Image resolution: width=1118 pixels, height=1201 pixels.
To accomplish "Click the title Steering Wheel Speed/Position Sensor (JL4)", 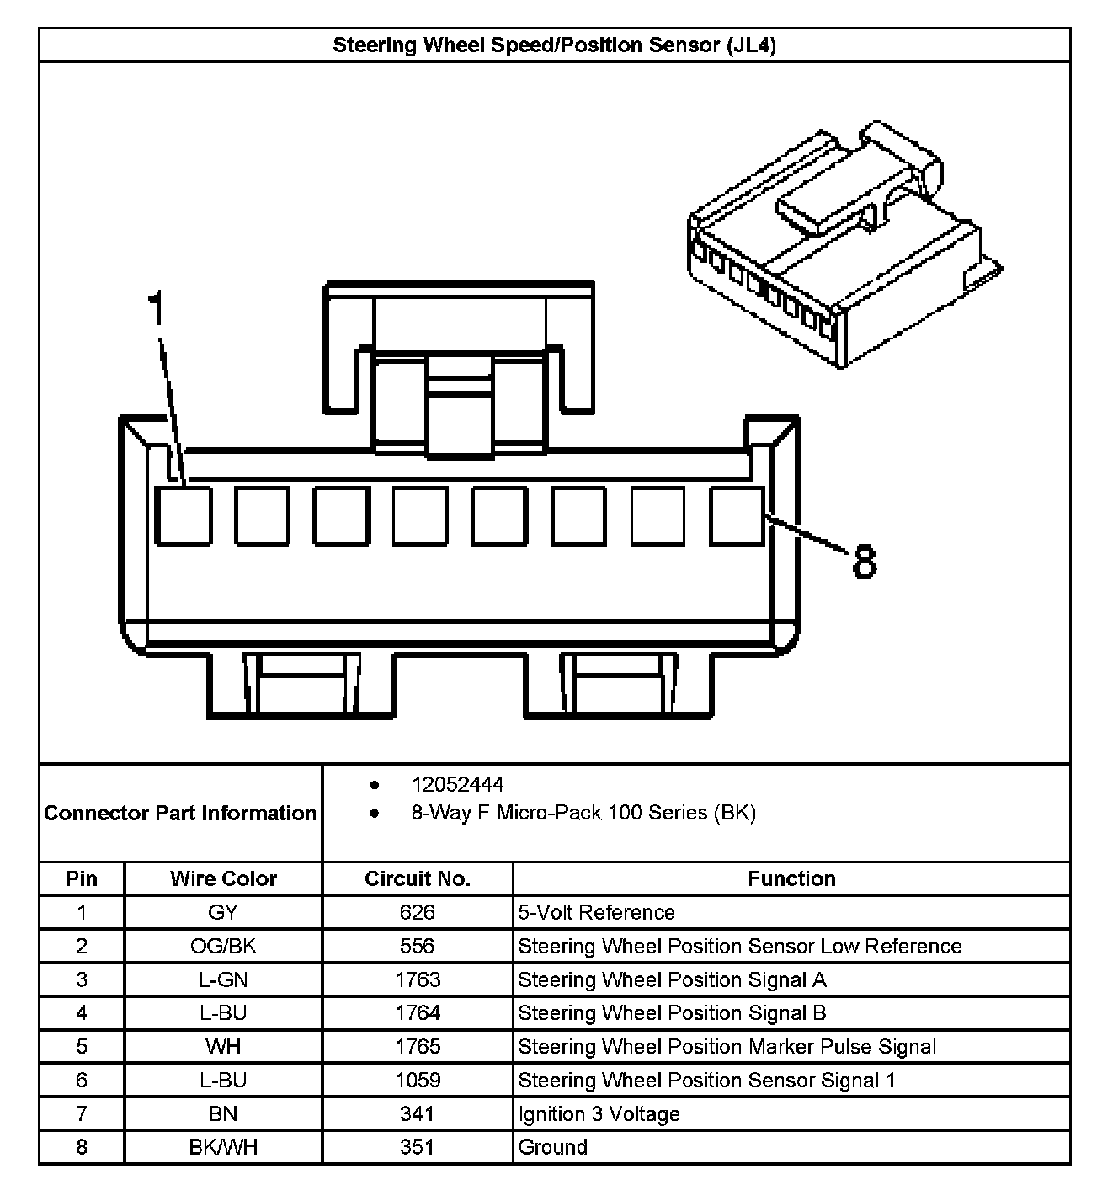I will (x=554, y=45).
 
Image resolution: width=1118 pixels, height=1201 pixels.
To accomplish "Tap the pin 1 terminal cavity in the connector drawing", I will (x=183, y=515).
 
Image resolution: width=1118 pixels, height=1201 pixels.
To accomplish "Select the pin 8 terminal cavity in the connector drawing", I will (x=737, y=515).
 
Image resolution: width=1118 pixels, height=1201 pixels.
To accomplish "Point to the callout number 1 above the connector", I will (x=156, y=309).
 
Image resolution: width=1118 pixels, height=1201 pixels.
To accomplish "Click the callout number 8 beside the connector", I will (x=864, y=562).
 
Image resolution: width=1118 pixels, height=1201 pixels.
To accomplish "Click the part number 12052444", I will (x=457, y=784).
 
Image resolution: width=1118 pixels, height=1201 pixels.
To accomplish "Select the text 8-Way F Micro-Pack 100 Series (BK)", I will (x=583, y=813).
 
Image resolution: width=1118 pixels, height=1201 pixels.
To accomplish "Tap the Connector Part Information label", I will (x=180, y=813).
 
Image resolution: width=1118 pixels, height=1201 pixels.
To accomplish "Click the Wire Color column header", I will (x=223, y=878).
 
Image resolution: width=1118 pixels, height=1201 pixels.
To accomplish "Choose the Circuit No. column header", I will (x=418, y=878).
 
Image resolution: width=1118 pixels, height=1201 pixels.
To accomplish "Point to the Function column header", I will (x=791, y=878).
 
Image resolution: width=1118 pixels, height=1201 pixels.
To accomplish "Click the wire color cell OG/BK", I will (x=223, y=946).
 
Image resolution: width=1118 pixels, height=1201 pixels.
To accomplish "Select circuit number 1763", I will (x=418, y=979).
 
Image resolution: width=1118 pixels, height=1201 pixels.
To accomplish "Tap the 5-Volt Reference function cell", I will (x=596, y=912).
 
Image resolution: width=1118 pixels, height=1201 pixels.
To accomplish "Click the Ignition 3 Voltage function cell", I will (x=599, y=1113).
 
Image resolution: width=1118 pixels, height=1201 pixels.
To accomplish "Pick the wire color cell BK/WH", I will (x=223, y=1147).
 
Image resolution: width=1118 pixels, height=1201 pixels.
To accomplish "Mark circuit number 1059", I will (x=418, y=1080).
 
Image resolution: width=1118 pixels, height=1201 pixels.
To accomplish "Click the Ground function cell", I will (x=552, y=1147).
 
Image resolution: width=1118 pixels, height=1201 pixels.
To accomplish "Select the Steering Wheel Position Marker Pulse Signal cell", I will (x=727, y=1047).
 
